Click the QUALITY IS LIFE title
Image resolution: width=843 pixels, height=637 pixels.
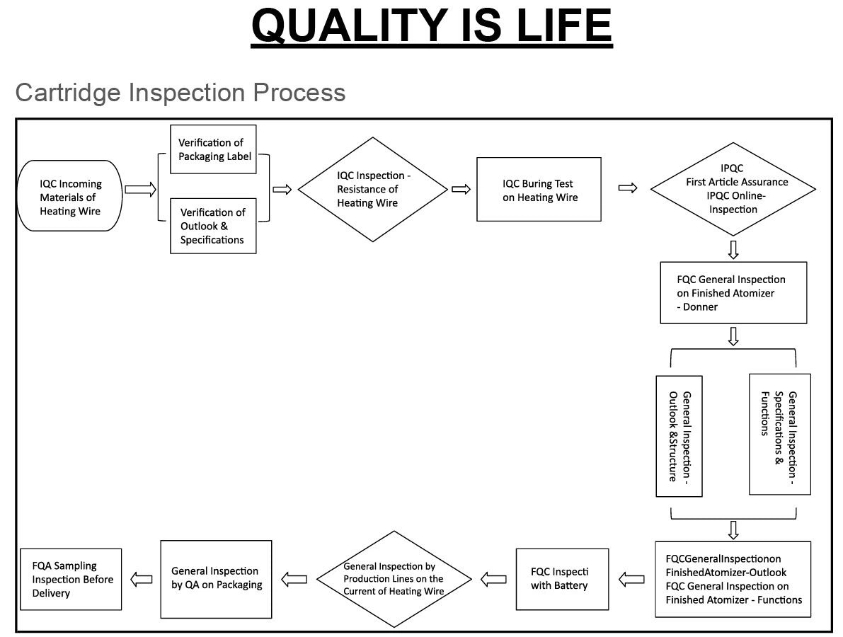click(x=431, y=26)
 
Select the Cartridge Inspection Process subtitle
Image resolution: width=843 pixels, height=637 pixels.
click(x=180, y=92)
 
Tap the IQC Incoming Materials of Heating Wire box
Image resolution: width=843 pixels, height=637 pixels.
click(x=70, y=196)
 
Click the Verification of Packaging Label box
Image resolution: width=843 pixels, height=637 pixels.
click(x=213, y=149)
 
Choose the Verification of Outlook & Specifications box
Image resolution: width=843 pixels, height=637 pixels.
click(x=212, y=226)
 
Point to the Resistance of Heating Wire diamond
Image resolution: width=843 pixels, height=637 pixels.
click(x=373, y=189)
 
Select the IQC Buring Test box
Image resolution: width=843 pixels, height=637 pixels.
click(x=539, y=190)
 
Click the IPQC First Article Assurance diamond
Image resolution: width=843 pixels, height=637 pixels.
click(x=733, y=189)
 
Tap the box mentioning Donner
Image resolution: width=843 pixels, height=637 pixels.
click(x=733, y=292)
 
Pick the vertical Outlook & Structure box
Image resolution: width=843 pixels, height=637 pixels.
click(x=679, y=436)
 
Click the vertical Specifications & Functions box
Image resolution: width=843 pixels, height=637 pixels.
click(x=779, y=433)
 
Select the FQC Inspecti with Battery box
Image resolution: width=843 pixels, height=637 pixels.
click(x=562, y=579)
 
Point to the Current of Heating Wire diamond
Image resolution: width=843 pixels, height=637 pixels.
click(x=394, y=579)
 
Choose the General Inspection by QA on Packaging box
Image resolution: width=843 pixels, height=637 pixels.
click(x=216, y=579)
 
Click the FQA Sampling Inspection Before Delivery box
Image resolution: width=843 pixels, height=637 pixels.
click(x=71, y=579)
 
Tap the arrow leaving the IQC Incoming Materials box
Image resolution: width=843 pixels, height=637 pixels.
click(x=140, y=189)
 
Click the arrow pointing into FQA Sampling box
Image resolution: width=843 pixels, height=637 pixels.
click(x=142, y=579)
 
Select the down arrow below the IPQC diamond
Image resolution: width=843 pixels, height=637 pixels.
click(x=733, y=249)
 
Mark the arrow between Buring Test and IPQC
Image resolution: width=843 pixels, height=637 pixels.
click(x=628, y=188)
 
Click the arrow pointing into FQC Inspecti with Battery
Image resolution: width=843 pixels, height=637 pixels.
click(x=631, y=579)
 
